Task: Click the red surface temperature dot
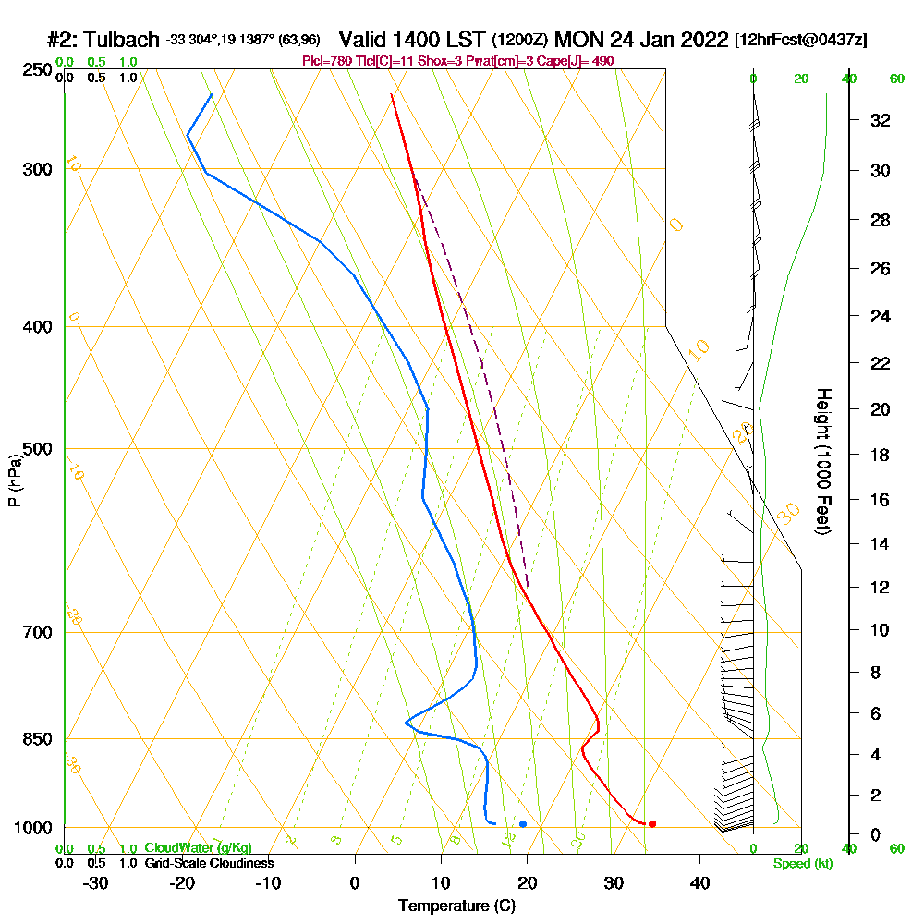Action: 652,823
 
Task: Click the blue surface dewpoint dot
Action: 523,823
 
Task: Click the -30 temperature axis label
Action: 96,883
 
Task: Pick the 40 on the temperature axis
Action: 700,883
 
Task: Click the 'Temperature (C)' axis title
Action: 456,906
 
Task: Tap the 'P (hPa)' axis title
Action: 14,480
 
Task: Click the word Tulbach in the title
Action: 122,41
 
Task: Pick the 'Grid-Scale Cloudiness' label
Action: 209,863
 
